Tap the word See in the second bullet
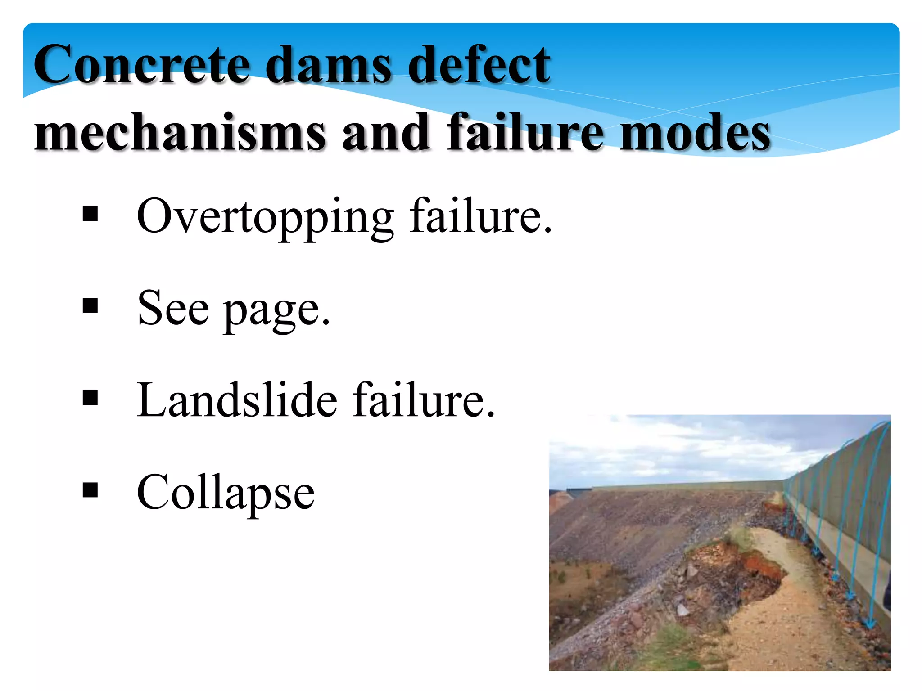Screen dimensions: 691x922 (x=173, y=308)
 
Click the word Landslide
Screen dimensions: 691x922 (x=237, y=399)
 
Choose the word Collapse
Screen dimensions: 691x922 (x=225, y=493)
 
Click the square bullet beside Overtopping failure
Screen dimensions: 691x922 (x=90, y=214)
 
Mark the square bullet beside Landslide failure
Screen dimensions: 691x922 (x=90, y=398)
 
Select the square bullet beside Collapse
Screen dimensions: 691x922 (x=90, y=490)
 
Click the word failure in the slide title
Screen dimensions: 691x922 (x=524, y=132)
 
